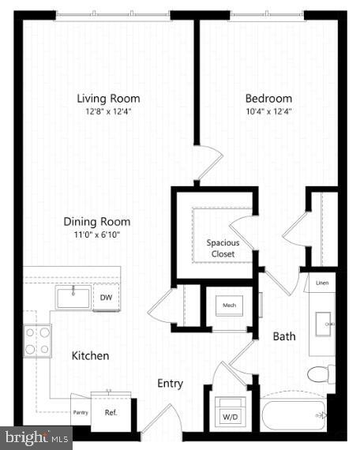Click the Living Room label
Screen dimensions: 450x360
(x=108, y=99)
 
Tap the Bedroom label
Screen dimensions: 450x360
(x=268, y=99)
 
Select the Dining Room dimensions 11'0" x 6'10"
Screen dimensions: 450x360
(x=97, y=234)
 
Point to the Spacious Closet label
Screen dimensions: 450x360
(x=223, y=248)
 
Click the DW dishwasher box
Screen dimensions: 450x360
(x=106, y=298)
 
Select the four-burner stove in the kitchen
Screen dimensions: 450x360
(x=36, y=341)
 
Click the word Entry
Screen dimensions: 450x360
(x=170, y=384)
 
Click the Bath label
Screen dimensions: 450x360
(x=284, y=336)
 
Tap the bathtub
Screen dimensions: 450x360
(x=294, y=414)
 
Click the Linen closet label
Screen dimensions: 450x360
(x=322, y=283)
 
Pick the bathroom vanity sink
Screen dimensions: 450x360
(x=323, y=324)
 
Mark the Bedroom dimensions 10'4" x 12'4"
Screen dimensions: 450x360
(x=268, y=111)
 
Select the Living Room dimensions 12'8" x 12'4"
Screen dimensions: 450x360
(x=108, y=111)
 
